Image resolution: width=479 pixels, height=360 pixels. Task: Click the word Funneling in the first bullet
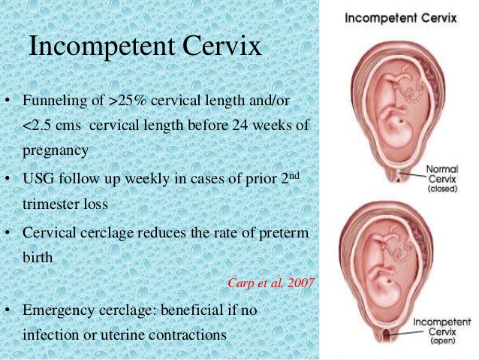coord(52,101)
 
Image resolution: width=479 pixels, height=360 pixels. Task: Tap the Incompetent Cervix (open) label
coord(441,330)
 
